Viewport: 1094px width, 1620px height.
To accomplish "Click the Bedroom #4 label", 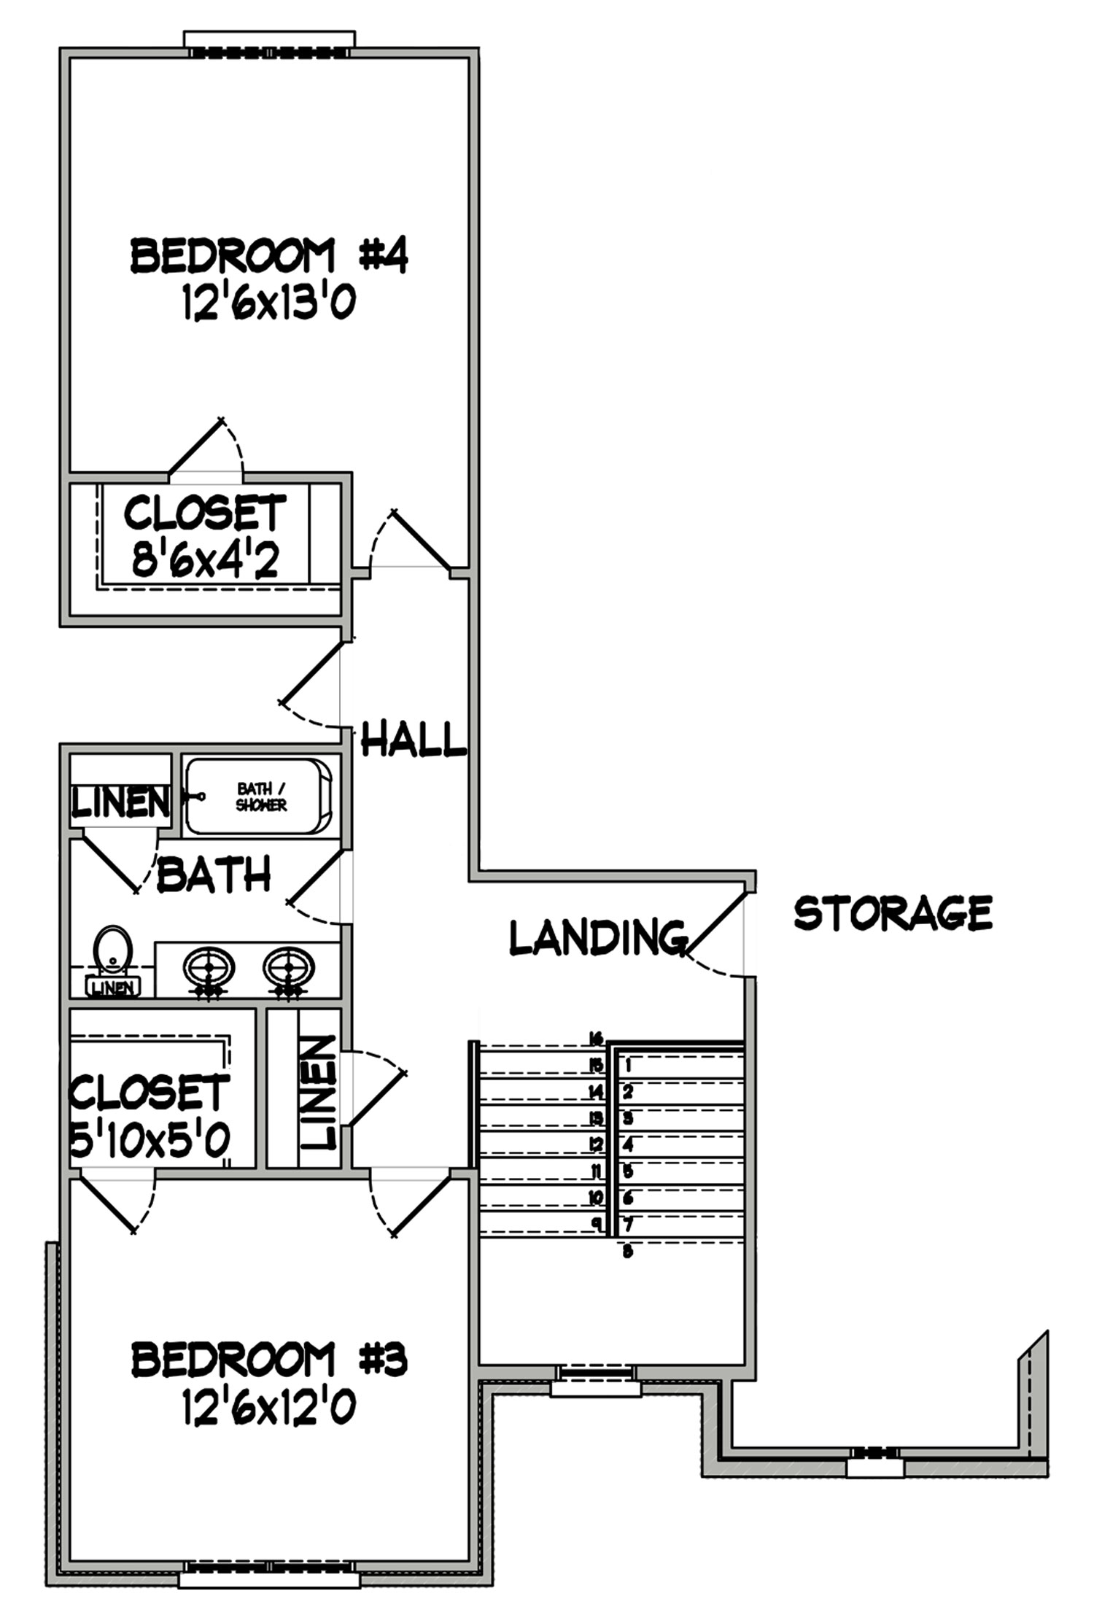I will tap(268, 256).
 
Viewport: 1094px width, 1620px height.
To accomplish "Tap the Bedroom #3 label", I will tap(268, 1360).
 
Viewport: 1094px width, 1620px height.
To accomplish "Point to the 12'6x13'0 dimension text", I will tap(268, 302).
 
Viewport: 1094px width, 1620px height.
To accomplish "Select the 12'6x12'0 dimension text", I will tap(268, 1406).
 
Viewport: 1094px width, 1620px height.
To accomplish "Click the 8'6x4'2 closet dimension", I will tap(205, 560).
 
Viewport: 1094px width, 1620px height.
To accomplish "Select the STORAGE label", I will tap(893, 912).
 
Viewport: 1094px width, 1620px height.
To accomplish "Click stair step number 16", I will tap(597, 1038).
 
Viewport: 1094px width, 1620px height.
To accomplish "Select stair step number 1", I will tap(627, 1065).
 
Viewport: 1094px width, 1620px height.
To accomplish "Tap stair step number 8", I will tap(627, 1252).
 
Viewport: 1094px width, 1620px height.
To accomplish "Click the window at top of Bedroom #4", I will tap(269, 42).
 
